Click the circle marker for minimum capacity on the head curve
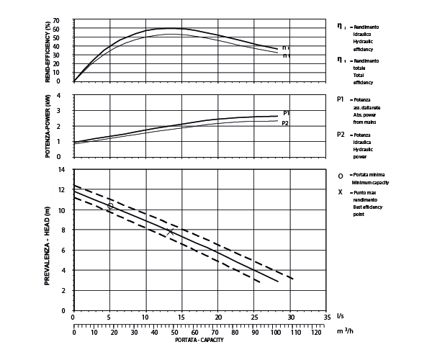tap(110, 206)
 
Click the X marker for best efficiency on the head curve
tap(170, 232)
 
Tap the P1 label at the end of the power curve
tap(286, 113)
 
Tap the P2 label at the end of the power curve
tap(285, 123)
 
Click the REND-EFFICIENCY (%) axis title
tap(48, 51)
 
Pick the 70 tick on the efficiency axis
tap(67, 21)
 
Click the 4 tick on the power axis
tap(69, 96)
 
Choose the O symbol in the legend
tap(341, 176)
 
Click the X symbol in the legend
tap(341, 192)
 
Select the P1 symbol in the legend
tap(341, 98)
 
